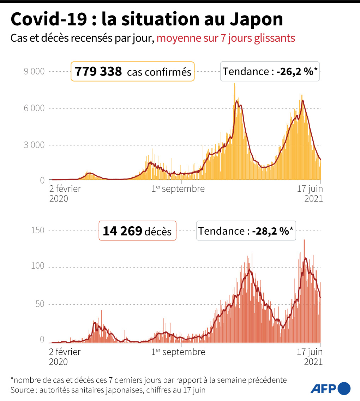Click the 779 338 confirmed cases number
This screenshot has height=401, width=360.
pyautogui.click(x=98, y=71)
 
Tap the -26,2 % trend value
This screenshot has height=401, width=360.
pyautogui.click(x=297, y=71)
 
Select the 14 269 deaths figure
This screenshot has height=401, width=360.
pyautogui.click(x=122, y=231)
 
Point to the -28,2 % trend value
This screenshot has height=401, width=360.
pyautogui.click(x=272, y=231)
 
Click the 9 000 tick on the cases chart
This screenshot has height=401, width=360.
pyautogui.click(x=34, y=71)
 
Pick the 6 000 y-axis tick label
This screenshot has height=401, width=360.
pyautogui.click(x=34, y=108)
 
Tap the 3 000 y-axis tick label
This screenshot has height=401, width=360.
pyautogui.click(x=34, y=145)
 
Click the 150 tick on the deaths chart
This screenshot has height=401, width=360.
pyautogui.click(x=37, y=230)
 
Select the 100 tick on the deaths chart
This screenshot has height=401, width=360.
pyautogui.click(x=37, y=266)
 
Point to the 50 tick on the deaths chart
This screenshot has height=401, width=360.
pyautogui.click(x=40, y=304)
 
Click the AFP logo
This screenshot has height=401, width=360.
pyautogui.click(x=330, y=388)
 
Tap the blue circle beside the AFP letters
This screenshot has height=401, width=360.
pyautogui.click(x=344, y=388)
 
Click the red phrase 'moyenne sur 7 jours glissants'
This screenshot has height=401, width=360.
pyautogui.click(x=226, y=38)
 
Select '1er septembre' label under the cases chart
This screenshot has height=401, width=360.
pyautogui.click(x=178, y=189)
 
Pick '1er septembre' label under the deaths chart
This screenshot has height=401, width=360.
pyautogui.click(x=178, y=352)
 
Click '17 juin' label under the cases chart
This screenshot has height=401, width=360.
pyautogui.click(x=310, y=189)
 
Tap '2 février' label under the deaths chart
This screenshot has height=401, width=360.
pyautogui.click(x=65, y=352)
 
